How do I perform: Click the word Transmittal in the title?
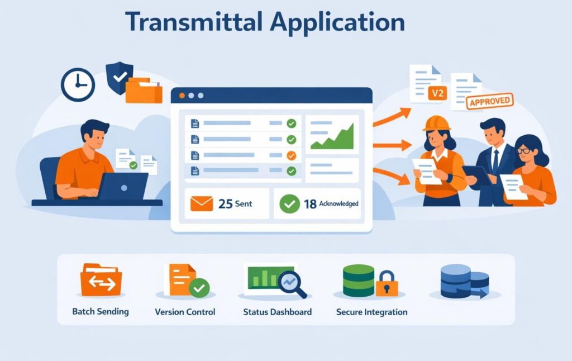[x=194, y=22]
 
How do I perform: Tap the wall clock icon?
[x=78, y=85]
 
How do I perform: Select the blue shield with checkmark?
[x=120, y=77]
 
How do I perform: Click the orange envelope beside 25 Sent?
[x=202, y=203]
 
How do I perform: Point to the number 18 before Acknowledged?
[x=310, y=204]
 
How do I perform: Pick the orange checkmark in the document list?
[x=291, y=155]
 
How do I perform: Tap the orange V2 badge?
[x=437, y=93]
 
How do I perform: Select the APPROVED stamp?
[x=489, y=101]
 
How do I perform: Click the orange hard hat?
[x=437, y=123]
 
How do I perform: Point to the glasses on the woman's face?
[x=524, y=150]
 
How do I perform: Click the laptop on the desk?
[x=122, y=186]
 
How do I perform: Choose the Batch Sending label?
[x=101, y=311]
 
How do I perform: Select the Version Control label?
[x=185, y=312]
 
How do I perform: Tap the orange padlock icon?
[x=387, y=283]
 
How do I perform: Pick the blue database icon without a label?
[x=465, y=282]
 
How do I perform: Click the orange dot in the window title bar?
[x=182, y=96]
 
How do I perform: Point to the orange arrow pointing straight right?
[x=393, y=145]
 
